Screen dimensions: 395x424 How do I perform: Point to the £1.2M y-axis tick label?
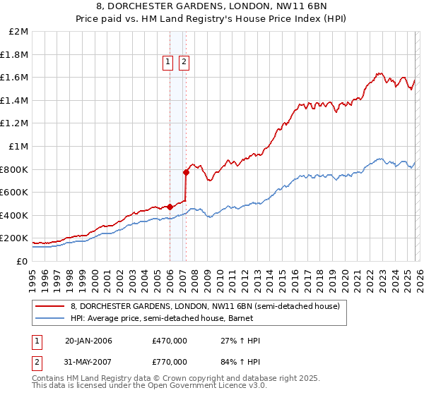[16, 123]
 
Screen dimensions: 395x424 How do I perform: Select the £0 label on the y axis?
[23, 261]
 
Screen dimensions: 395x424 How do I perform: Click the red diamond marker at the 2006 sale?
[170, 207]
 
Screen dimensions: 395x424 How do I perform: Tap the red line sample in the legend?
[50, 306]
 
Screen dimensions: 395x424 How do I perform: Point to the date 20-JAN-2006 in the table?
[88, 341]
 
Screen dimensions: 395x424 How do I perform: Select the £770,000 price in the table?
[170, 361]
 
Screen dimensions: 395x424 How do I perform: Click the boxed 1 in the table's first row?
[37, 341]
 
